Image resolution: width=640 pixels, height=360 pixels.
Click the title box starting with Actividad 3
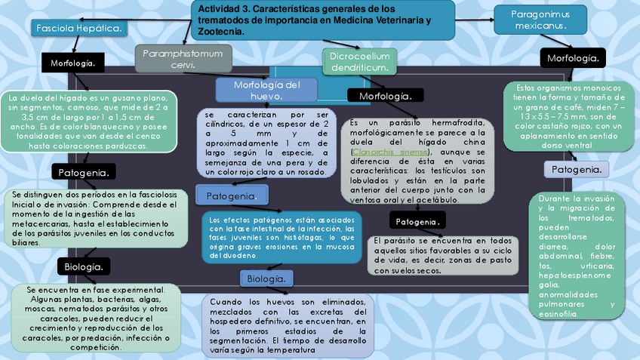tap(323, 20)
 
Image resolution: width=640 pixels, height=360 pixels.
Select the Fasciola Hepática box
tap(78, 28)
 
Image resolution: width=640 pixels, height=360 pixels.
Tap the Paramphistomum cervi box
tap(183, 58)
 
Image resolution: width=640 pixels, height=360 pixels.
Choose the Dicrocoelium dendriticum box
tap(360, 62)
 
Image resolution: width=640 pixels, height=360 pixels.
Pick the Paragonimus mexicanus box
tap(540, 20)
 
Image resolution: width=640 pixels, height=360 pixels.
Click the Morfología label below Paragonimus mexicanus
tap(573, 57)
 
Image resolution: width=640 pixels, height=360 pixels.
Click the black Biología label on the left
tap(83, 266)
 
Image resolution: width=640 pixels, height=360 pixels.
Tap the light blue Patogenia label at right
tap(577, 170)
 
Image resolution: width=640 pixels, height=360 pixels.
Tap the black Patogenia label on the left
tap(85, 173)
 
